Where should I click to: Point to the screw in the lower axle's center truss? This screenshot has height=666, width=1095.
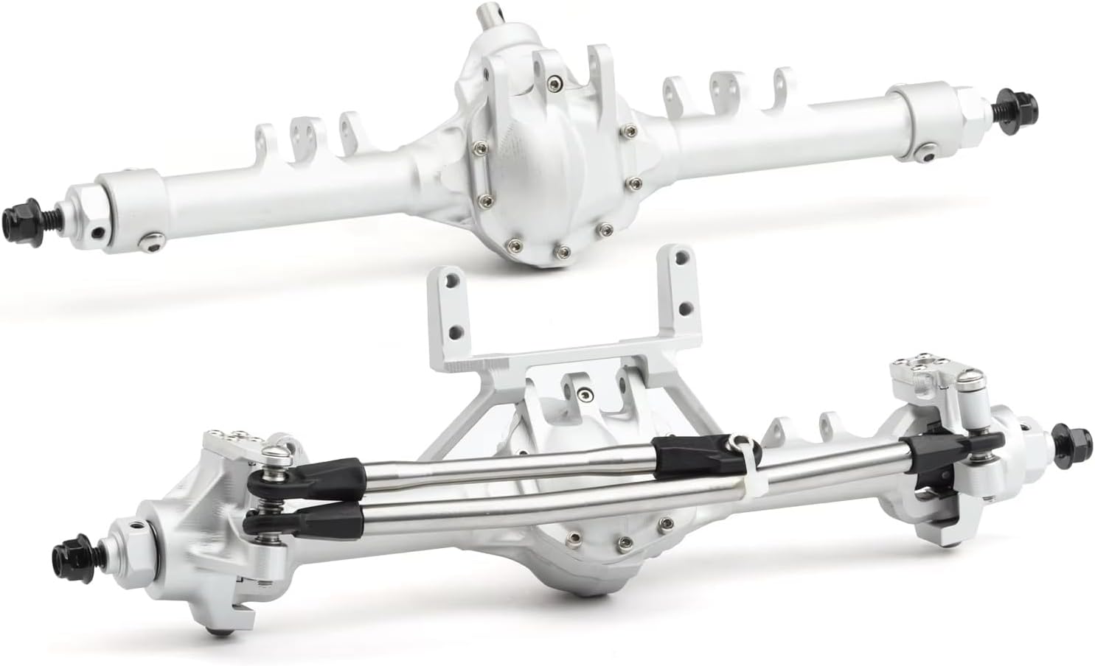point(584,392)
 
